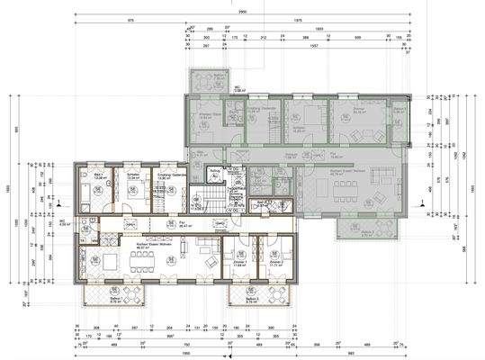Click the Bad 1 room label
click(95, 175)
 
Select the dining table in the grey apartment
click(343, 190)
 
